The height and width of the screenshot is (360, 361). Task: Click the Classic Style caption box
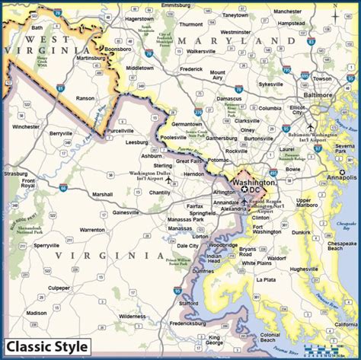[x=47, y=346]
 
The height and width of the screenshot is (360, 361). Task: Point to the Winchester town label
[x=25, y=126]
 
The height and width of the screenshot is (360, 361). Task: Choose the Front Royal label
[x=28, y=183]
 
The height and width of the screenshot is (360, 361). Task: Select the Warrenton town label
[x=92, y=229]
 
